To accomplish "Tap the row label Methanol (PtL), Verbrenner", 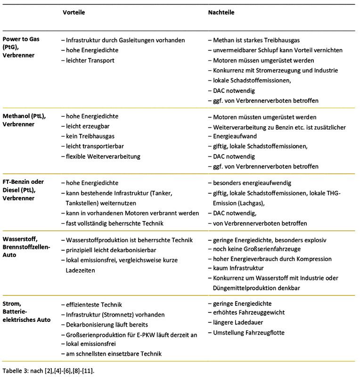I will tap(25, 120).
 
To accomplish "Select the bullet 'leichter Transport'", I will tap(90, 60).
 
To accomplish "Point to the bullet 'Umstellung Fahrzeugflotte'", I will tap(248, 333).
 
